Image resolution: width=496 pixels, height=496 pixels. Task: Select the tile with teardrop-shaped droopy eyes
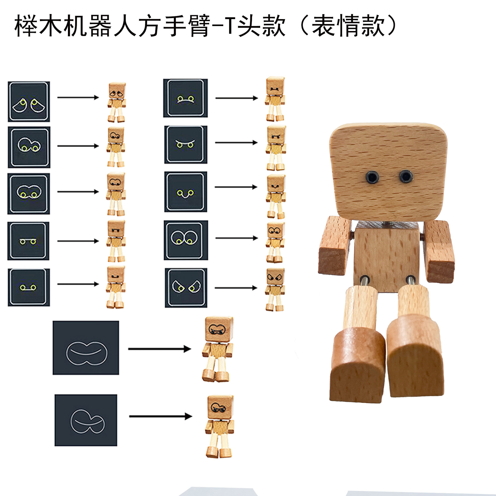(29, 102)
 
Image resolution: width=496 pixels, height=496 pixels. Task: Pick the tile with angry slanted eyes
(186, 288)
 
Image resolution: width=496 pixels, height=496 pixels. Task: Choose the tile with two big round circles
(185, 240)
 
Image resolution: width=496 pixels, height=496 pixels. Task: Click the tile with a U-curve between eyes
(185, 192)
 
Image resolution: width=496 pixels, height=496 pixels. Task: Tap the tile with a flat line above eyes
(28, 241)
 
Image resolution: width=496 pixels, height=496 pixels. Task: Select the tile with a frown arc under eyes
(185, 98)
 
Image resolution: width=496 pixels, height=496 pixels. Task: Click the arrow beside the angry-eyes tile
(236, 288)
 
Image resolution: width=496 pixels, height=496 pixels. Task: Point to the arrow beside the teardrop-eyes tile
(78, 97)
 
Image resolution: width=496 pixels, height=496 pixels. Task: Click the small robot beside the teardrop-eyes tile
(117, 102)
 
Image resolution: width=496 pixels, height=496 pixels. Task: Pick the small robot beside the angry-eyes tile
(275, 289)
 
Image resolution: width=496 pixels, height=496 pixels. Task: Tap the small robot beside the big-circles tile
(275, 242)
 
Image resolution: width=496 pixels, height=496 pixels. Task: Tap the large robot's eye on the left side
(371, 177)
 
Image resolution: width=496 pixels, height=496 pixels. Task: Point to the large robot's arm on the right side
(439, 251)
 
